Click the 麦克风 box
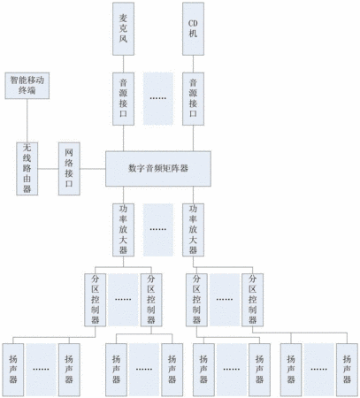123,29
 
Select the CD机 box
193,29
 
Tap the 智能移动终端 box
27,86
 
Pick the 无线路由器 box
27,169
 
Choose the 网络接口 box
69,169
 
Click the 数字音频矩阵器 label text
158,168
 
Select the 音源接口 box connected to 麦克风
123,99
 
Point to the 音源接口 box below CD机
193,99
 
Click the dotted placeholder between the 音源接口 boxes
158,99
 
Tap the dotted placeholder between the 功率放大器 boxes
158,230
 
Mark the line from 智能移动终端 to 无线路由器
27,120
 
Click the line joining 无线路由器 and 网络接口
48,169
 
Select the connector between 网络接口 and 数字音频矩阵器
93,169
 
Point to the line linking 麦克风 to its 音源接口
123,64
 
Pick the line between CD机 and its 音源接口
193,64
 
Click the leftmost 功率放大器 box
123,230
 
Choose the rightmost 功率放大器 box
193,230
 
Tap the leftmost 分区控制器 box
96,300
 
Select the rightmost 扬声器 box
347,370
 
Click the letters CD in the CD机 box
193,23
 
